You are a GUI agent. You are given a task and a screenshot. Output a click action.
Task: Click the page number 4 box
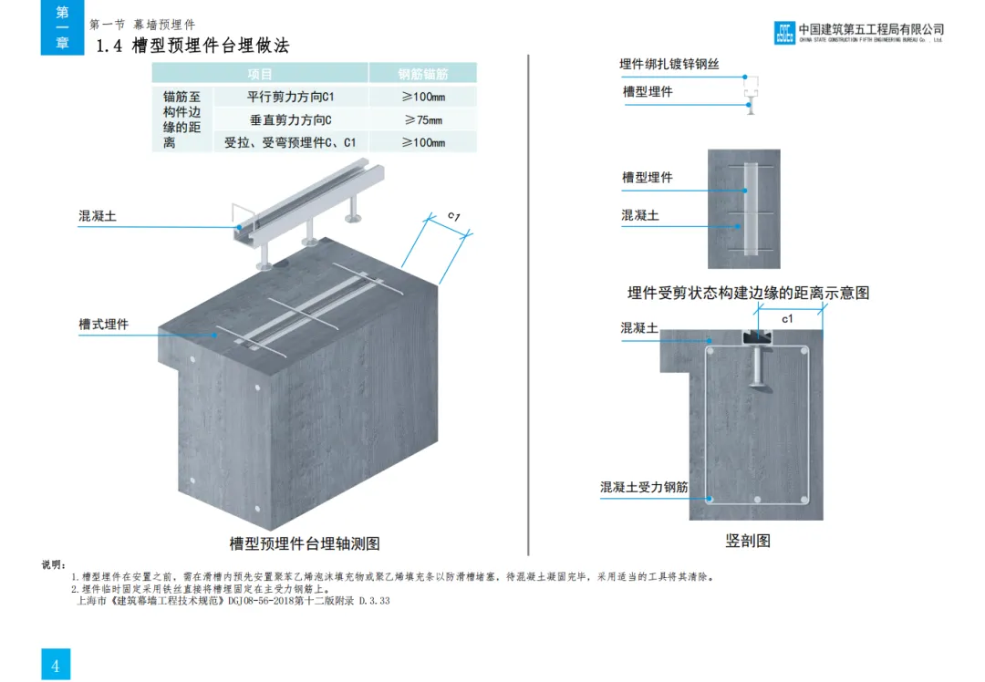[55, 665]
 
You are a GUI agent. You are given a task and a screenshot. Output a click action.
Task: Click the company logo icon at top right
[784, 33]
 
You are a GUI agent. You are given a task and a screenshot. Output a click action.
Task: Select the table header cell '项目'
[260, 74]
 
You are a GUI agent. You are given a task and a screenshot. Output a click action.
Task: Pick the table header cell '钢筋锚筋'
[423, 74]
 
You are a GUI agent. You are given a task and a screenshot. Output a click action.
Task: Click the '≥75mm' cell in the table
[423, 119]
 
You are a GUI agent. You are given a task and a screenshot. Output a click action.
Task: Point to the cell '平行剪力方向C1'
[292, 97]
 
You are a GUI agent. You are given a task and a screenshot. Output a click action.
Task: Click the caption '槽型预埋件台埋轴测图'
[304, 543]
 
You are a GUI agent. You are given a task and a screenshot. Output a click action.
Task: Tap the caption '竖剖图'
[748, 541]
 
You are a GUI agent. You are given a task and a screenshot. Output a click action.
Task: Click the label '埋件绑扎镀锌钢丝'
[669, 64]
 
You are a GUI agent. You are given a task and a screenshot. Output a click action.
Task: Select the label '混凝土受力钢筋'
[643, 488]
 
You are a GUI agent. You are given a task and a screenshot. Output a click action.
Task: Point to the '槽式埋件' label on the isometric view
[103, 324]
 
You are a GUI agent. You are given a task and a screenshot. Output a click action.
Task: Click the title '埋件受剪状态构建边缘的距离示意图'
[748, 293]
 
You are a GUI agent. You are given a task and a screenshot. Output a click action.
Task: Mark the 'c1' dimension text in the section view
[787, 318]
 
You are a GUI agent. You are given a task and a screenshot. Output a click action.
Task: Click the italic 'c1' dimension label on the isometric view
[453, 216]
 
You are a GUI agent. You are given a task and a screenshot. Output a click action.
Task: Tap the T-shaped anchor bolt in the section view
[758, 369]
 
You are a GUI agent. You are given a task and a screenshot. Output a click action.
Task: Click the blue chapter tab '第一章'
[62, 27]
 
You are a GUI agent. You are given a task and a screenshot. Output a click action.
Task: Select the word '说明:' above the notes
[54, 564]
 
